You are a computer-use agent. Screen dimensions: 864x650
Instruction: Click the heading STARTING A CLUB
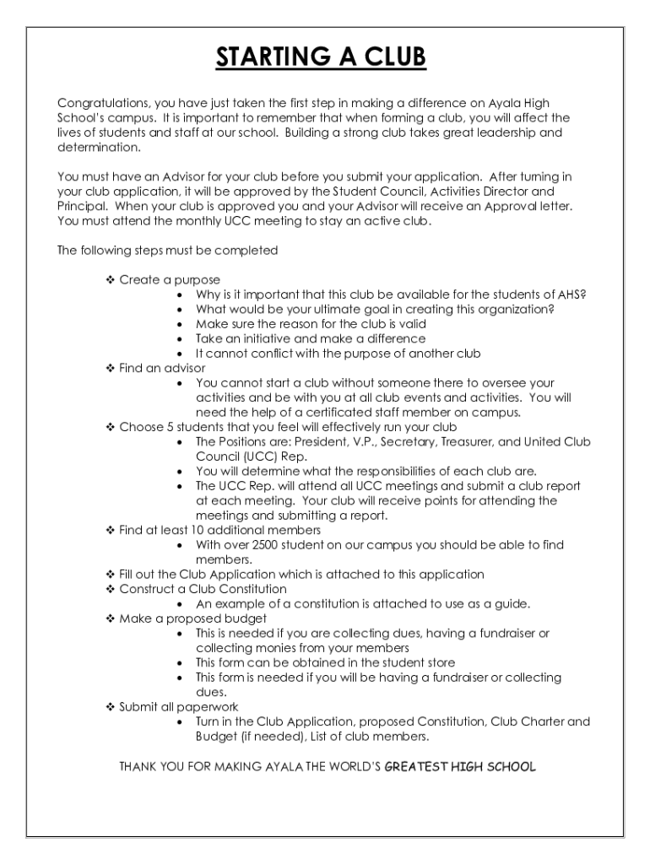(x=321, y=57)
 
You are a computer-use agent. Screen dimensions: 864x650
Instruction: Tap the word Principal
(x=82, y=206)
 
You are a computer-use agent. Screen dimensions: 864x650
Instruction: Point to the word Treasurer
(x=482, y=441)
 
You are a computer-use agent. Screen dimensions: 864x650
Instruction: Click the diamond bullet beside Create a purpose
(x=110, y=279)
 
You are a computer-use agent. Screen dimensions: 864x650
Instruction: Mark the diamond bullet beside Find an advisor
(x=110, y=368)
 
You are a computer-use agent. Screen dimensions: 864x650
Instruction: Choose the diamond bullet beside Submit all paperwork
(x=110, y=707)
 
